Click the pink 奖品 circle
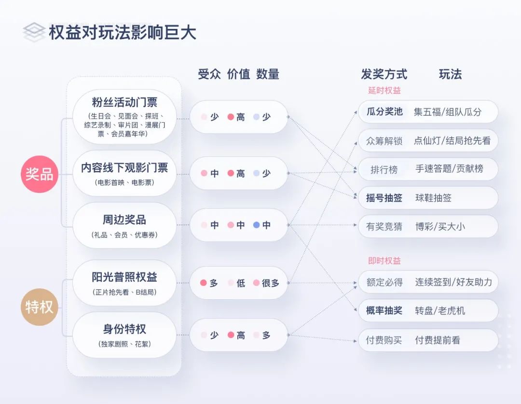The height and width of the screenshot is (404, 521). [40, 174]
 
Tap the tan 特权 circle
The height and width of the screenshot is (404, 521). [40, 306]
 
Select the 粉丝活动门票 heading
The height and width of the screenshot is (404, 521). [124, 103]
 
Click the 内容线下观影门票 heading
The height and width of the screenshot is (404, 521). [124, 167]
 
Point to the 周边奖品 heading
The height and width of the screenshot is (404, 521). [124, 220]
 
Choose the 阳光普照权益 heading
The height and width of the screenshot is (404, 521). [124, 278]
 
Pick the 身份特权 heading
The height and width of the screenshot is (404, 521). [124, 330]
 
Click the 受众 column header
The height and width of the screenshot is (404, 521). [209, 74]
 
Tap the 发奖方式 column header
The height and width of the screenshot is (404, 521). [384, 74]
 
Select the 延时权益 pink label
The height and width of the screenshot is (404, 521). [384, 91]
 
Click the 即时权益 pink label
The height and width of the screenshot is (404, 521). [384, 261]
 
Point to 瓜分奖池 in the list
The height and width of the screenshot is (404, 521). [384, 112]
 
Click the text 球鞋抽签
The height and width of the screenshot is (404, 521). [433, 198]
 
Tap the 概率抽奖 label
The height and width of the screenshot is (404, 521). [384, 311]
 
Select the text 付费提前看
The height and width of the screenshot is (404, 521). [438, 340]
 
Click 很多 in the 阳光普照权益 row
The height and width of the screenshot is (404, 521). [271, 283]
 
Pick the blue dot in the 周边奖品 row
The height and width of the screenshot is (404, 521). [257, 225]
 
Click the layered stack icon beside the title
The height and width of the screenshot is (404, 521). [34, 32]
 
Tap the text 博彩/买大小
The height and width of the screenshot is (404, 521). [440, 226]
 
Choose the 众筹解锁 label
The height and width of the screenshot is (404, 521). [384, 141]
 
